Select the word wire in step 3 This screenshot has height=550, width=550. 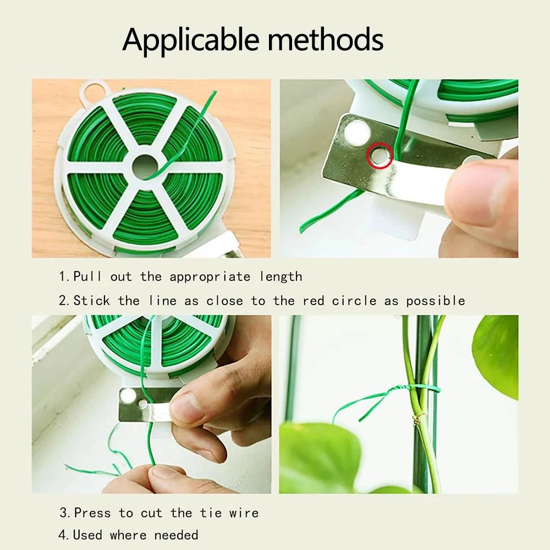click(x=244, y=513)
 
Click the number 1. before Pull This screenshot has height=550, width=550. click(x=64, y=276)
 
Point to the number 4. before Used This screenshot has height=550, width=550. click(x=64, y=535)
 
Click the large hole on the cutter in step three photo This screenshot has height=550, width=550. click(x=128, y=395)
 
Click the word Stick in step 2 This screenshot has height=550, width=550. click(x=92, y=301)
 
